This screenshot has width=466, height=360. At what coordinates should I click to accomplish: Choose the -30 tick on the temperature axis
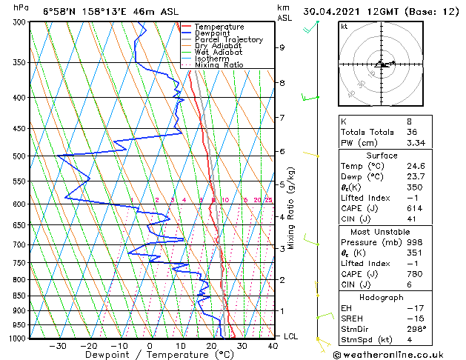pyautogui.click(x=58, y=345)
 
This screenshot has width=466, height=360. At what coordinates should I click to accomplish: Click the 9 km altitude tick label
pyautogui.click(x=282, y=47)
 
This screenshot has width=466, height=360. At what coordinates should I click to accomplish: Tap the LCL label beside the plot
pyautogui.click(x=291, y=336)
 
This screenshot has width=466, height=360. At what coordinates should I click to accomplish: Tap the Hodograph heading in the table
pyautogui.click(x=382, y=296)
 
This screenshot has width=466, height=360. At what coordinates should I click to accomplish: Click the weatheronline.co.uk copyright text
pyautogui.click(x=398, y=354)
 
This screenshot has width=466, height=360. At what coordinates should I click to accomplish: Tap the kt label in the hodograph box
pyautogui.click(x=344, y=27)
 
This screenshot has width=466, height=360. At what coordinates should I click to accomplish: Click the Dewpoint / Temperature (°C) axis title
pyautogui.click(x=150, y=355)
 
